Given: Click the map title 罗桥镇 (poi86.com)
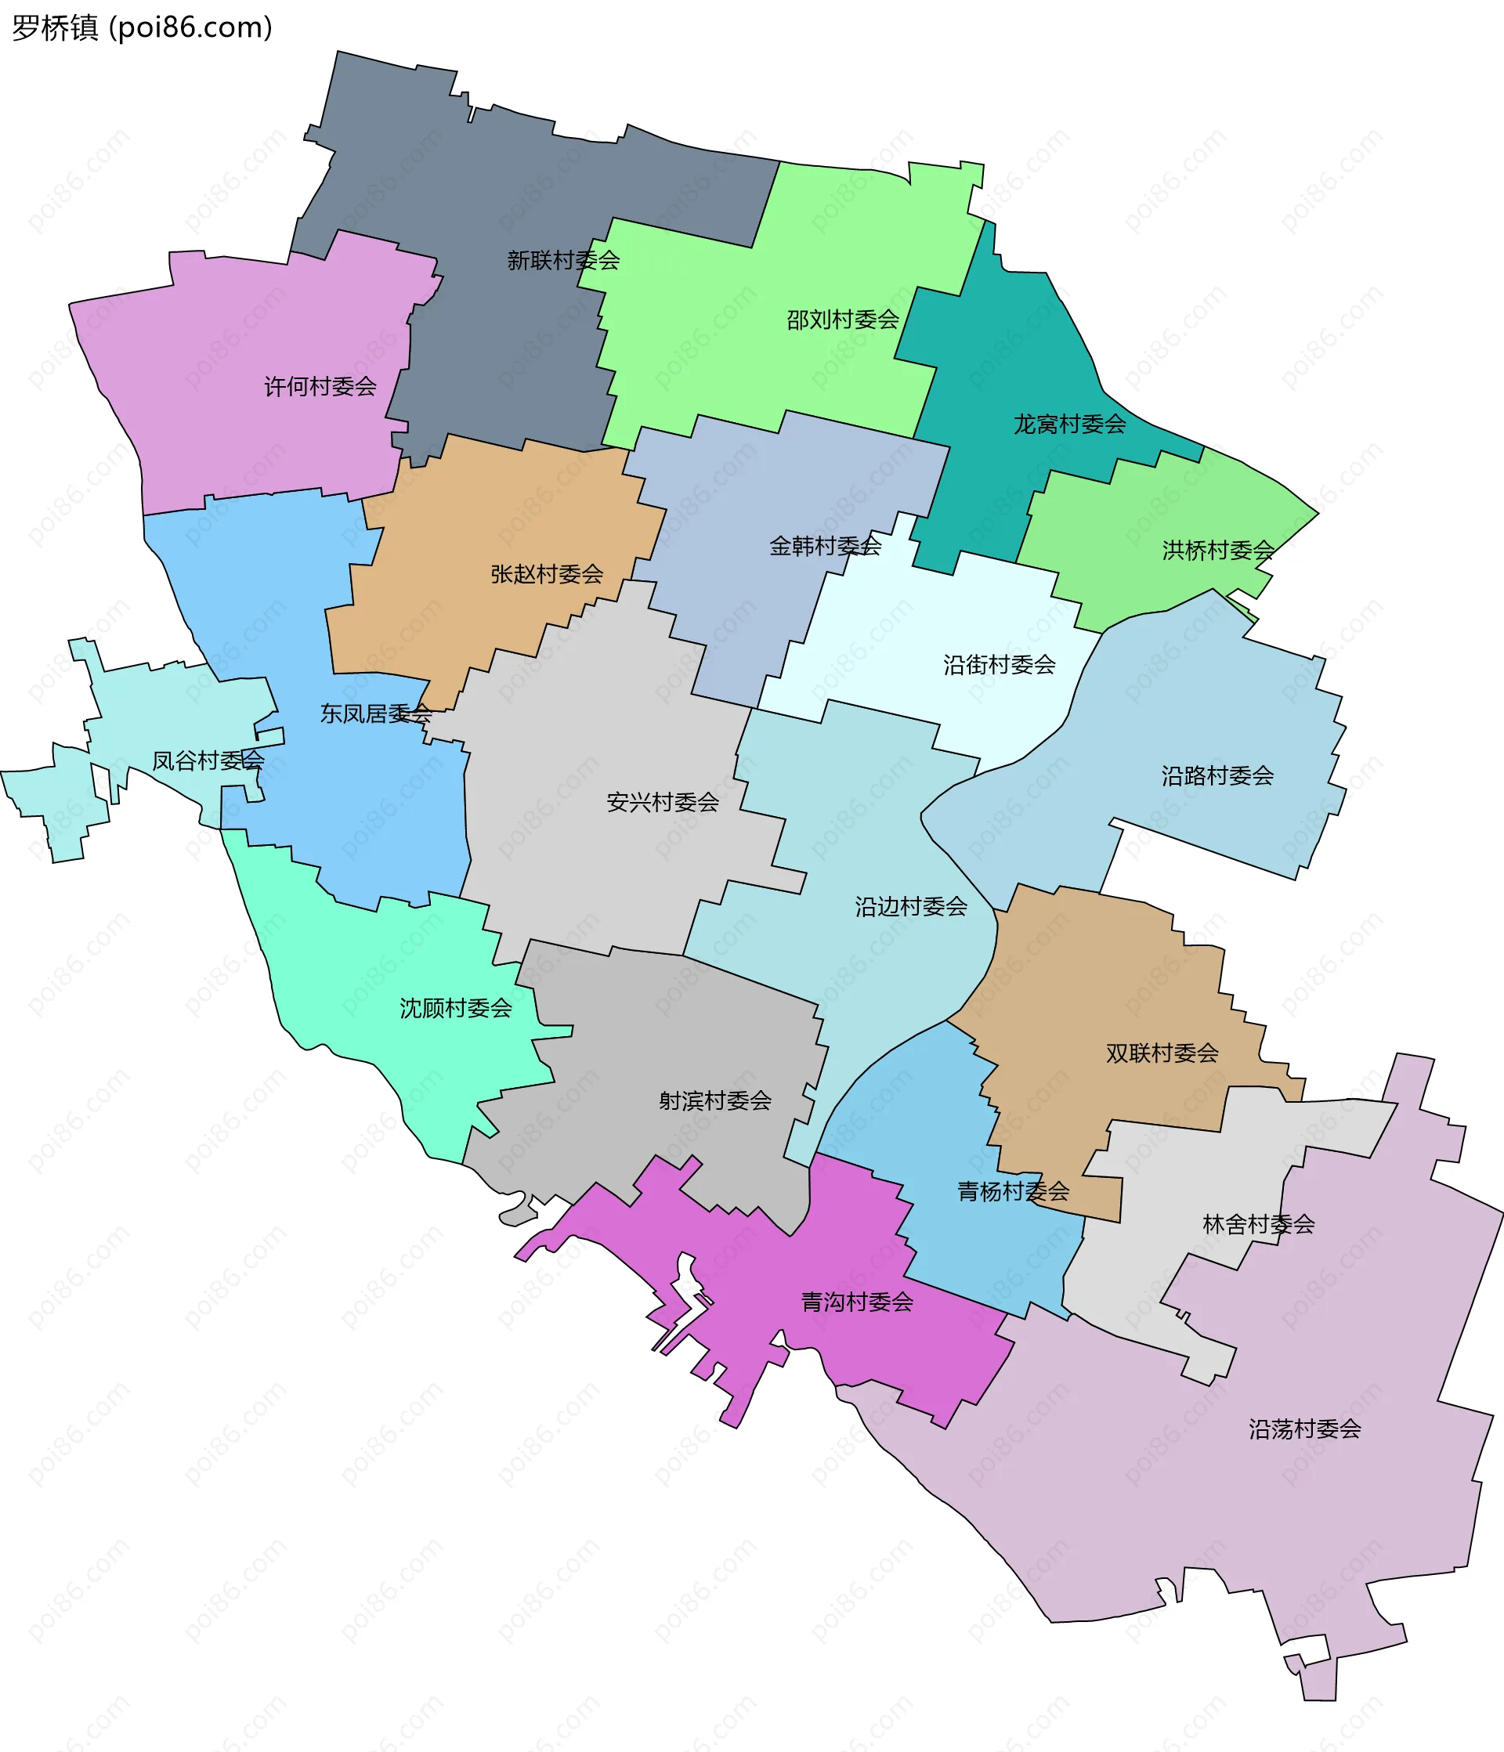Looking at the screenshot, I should (142, 28).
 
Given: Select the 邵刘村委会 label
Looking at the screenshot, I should (843, 320).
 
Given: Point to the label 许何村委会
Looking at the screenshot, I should (320, 386).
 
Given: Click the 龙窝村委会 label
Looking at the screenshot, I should (1069, 424).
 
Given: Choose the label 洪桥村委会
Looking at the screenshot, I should (1217, 551).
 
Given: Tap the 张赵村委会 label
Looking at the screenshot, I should (547, 574).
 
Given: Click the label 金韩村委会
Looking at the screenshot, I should (825, 546).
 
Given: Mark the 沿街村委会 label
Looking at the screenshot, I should (999, 665).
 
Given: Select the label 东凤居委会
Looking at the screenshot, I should (375, 713).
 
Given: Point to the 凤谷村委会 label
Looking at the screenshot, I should (208, 761).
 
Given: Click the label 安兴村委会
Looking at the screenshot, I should (663, 803).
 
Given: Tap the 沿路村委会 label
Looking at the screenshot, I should (1217, 775).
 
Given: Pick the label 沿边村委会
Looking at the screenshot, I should (910, 906).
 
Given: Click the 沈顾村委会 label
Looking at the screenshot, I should (455, 1008).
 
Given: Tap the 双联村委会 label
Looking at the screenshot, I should (1162, 1053).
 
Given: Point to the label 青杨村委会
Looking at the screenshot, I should (1013, 1191).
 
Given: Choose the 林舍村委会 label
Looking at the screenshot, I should (1258, 1223).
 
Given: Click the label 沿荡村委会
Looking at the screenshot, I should (1304, 1429).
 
